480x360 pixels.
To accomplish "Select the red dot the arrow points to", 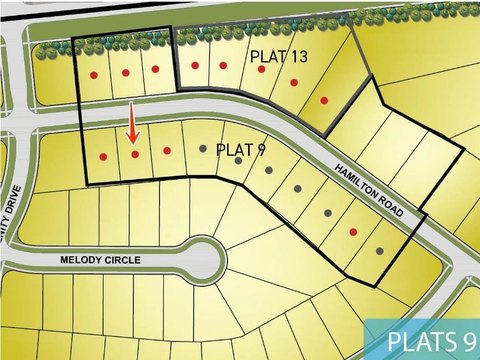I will tap(135, 154).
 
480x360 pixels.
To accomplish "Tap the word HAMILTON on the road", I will tap(355, 182).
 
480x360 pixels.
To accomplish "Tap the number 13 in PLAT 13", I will tap(297, 56).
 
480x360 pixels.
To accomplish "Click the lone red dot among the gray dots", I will tap(353, 231).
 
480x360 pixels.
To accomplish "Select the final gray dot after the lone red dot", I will tap(379, 251).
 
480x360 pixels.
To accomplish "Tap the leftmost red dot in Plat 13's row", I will tap(93, 75).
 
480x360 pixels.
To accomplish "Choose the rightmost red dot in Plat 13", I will tap(324, 100).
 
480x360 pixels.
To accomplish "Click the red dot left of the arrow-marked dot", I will tap(103, 156).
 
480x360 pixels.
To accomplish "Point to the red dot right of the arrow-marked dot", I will tap(167, 151).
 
